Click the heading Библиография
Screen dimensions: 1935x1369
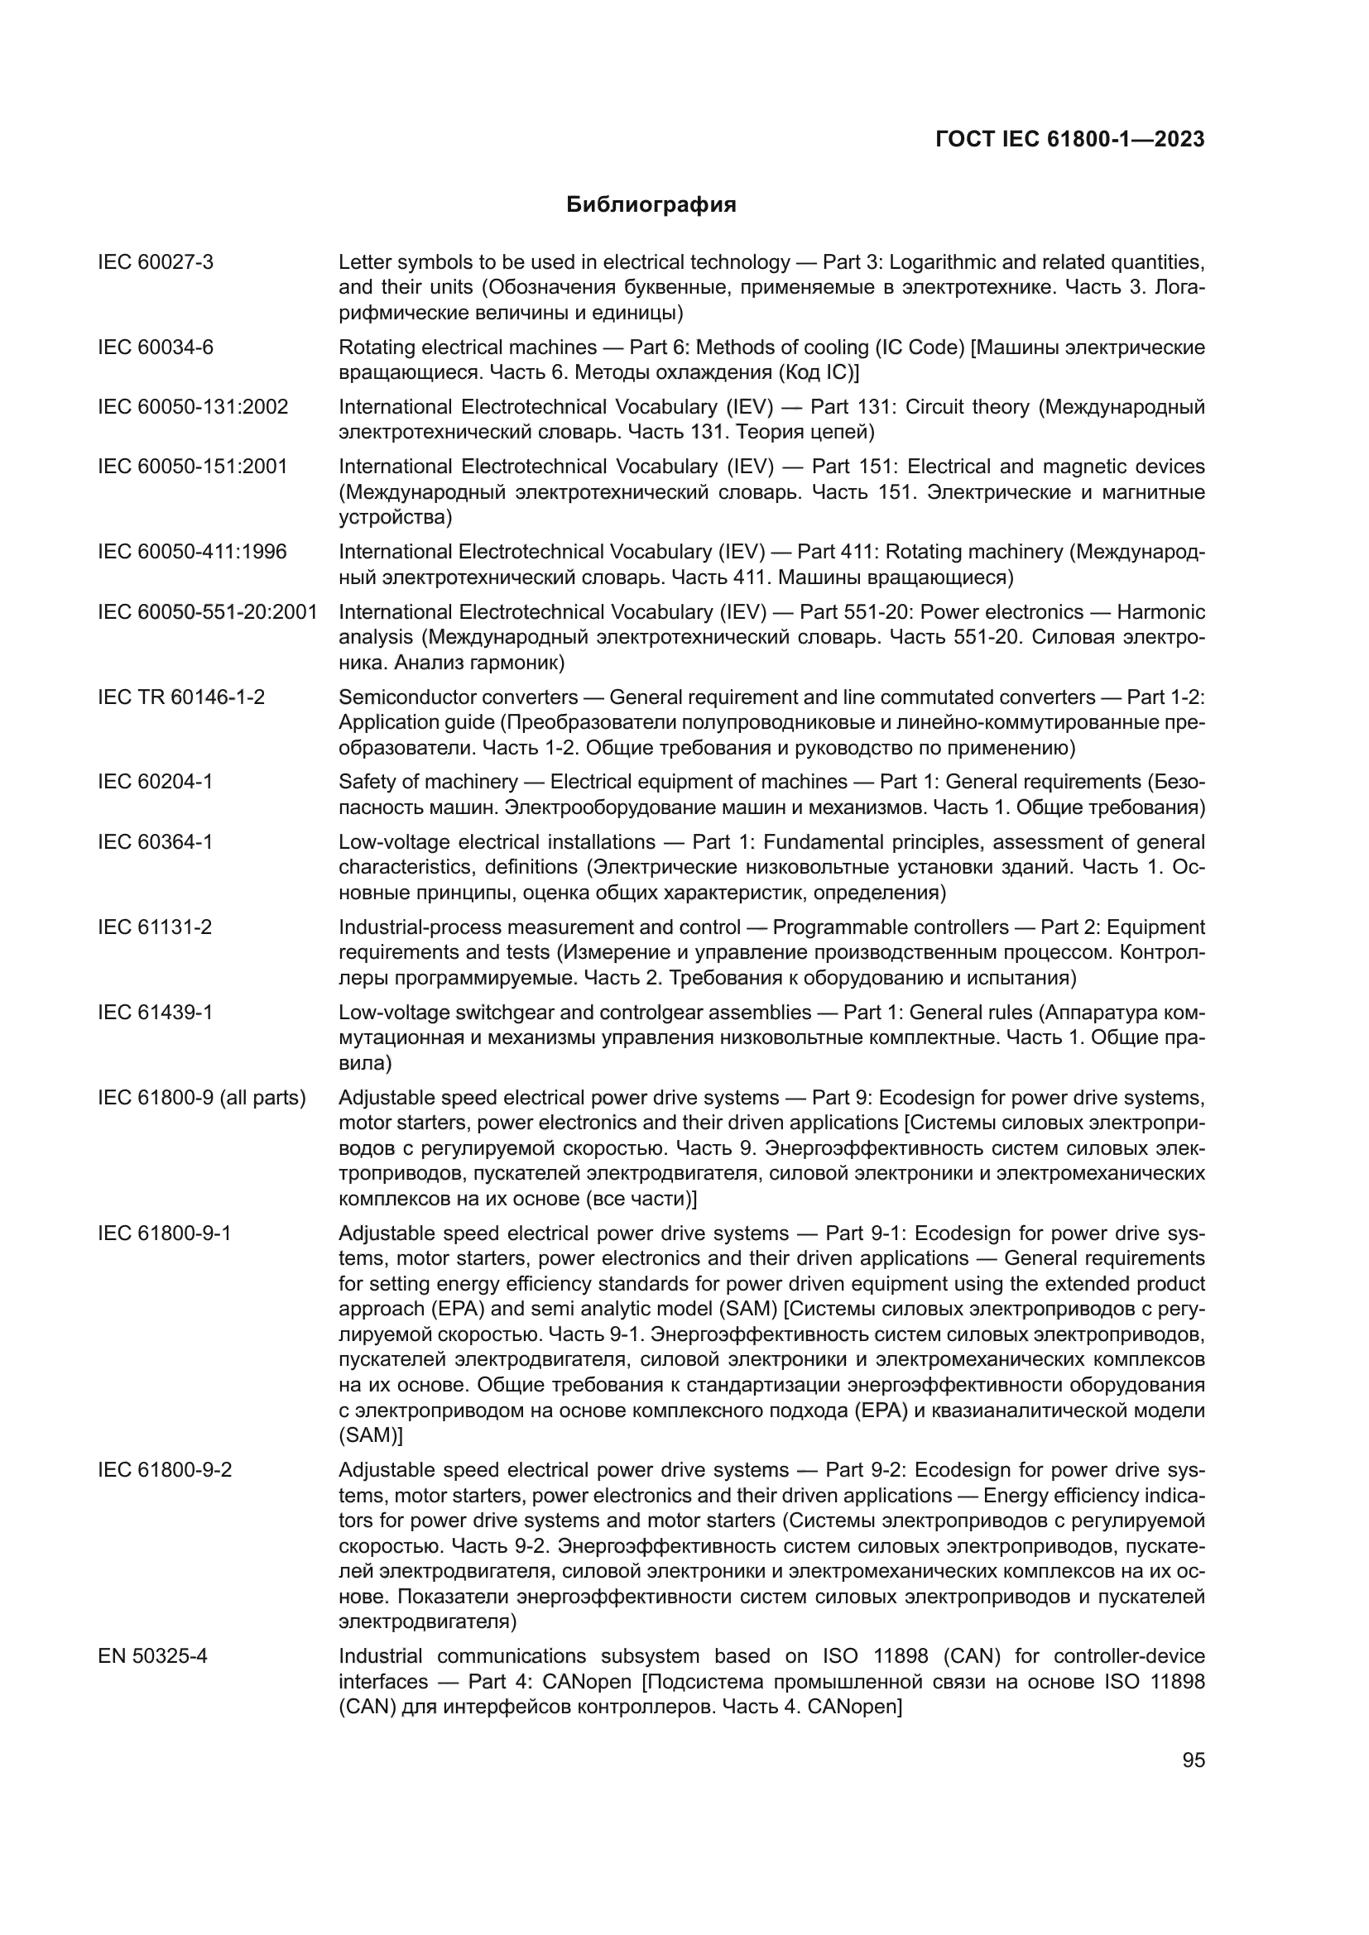pos(651,205)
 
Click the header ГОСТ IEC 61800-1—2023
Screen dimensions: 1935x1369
pos(1069,140)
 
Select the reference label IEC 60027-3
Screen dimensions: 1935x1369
pos(156,262)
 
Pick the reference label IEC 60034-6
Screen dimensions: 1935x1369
pos(156,347)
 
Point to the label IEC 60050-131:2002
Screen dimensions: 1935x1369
pos(193,407)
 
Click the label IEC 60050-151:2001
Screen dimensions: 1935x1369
pos(193,467)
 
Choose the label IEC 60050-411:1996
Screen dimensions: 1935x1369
pos(192,552)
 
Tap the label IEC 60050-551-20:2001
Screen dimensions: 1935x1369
pos(208,612)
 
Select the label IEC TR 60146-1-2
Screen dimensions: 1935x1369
pos(181,697)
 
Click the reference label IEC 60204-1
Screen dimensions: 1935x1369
pos(155,782)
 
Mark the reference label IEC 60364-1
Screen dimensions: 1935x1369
pos(155,842)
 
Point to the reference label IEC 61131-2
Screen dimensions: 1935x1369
pos(155,927)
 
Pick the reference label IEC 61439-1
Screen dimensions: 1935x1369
pos(155,1012)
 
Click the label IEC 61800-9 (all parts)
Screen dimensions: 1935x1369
pos(202,1098)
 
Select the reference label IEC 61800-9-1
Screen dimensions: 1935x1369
pos(165,1233)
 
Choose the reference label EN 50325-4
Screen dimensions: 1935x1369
pos(152,1657)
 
